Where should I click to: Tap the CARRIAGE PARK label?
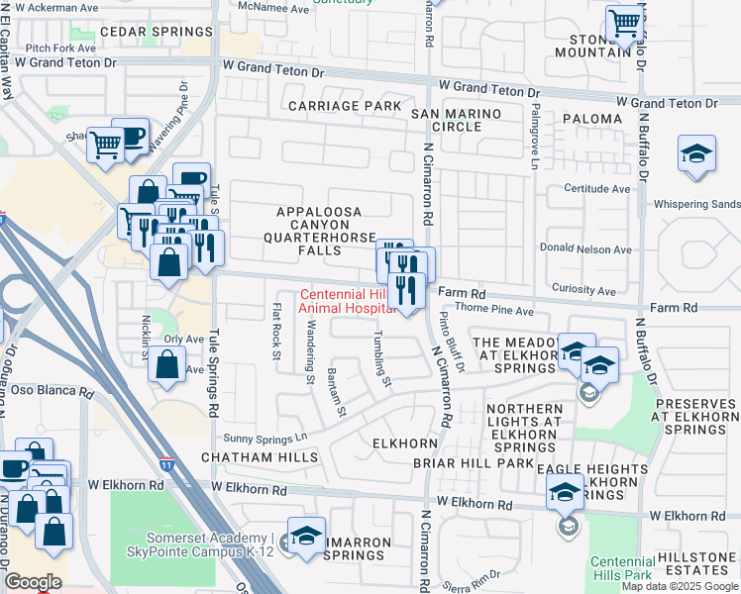click(x=345, y=106)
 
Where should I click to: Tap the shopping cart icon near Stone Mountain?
click(x=625, y=22)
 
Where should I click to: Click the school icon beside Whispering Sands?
click(x=697, y=155)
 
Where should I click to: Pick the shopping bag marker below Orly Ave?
click(x=166, y=364)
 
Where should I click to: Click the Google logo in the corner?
click(x=32, y=582)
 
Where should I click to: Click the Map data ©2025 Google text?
click(x=680, y=586)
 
